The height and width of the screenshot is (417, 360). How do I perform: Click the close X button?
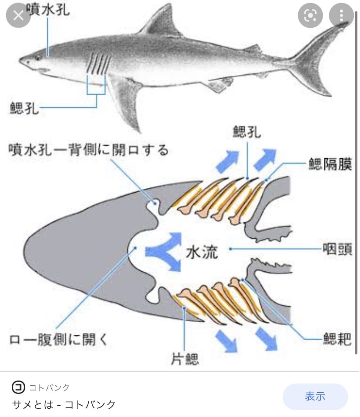18,16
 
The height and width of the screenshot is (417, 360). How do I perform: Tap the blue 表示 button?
315,396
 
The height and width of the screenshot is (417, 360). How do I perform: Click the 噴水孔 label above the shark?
48,9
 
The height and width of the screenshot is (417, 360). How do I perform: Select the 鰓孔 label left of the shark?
24,107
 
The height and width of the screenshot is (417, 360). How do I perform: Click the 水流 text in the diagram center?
202,251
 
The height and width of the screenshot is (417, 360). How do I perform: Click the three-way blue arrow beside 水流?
163,251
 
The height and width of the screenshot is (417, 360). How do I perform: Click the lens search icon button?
310,16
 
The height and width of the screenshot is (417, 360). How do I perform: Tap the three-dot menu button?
342,16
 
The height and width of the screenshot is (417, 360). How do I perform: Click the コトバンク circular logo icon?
18,387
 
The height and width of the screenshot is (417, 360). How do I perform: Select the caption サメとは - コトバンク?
63,404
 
